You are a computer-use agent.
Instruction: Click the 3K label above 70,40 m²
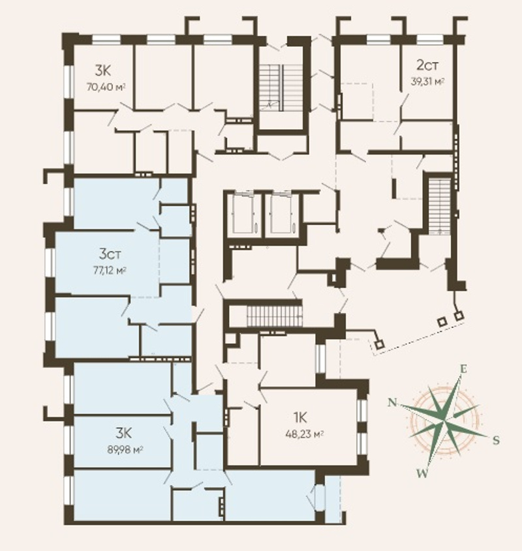[x=102, y=70]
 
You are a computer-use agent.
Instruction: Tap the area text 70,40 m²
[x=106, y=87]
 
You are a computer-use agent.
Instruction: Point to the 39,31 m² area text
[x=427, y=82]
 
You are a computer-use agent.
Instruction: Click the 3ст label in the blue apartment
[x=110, y=254]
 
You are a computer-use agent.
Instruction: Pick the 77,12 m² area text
[x=110, y=271]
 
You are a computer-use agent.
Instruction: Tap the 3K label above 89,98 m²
[x=124, y=433]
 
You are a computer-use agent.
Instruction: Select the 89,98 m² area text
[x=125, y=450]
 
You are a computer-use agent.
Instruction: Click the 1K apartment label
[x=300, y=418]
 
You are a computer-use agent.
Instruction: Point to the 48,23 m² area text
[x=305, y=434]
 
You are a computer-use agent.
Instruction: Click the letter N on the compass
[x=392, y=402]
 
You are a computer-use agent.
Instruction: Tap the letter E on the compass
[x=464, y=369]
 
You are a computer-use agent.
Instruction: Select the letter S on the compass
[x=496, y=440]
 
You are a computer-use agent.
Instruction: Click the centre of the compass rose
[x=445, y=421]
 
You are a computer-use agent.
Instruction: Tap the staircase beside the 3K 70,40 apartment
[x=281, y=88]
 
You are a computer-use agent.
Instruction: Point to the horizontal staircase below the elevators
[x=273, y=316]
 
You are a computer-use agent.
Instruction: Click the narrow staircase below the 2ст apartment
[x=440, y=205]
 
